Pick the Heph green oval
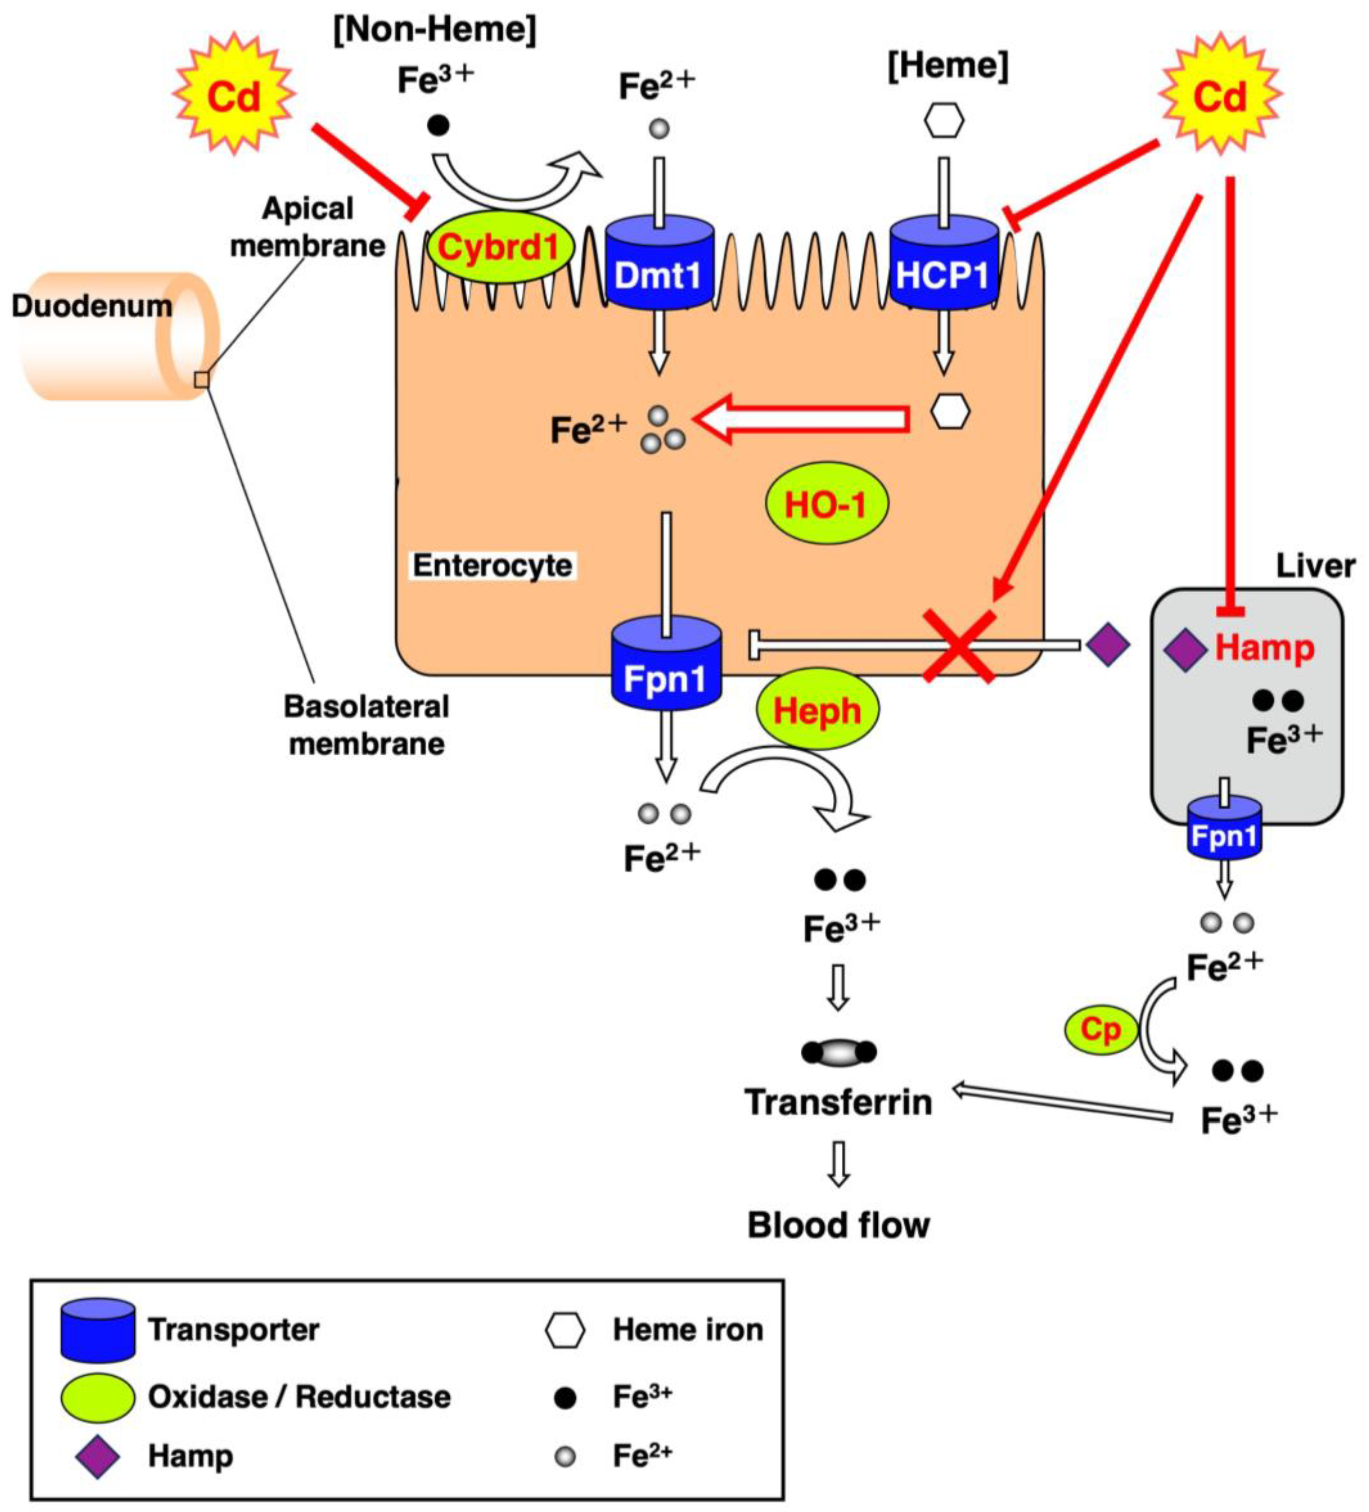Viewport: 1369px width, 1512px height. pos(817,709)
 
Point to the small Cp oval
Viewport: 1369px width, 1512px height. pos(1100,1031)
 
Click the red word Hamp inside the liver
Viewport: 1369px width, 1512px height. pos(1264,647)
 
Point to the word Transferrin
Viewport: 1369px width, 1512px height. pos(838,1102)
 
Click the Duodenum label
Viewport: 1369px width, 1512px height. pos(92,306)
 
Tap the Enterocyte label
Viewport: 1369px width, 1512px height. pos(492,565)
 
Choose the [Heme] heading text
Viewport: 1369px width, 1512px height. pos(947,66)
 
